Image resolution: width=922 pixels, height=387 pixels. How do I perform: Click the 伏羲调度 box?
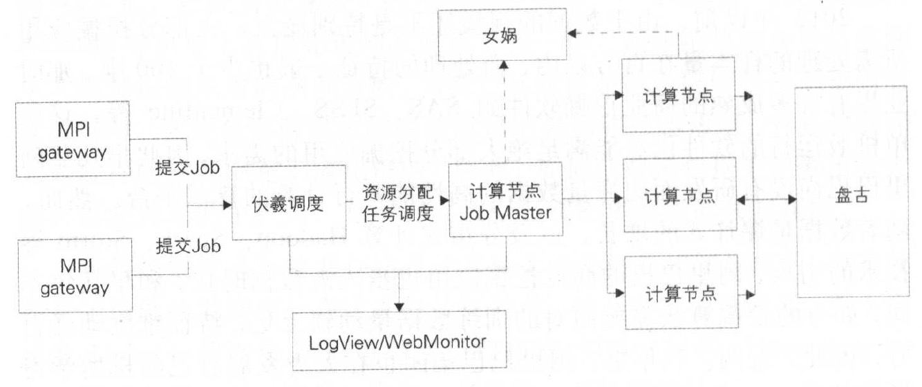[x=288, y=203]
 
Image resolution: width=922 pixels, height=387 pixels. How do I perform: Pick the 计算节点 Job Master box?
[x=505, y=200]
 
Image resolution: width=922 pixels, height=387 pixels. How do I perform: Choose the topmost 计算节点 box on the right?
[x=678, y=96]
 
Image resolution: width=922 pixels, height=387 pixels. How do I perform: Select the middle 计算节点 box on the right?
[x=678, y=196]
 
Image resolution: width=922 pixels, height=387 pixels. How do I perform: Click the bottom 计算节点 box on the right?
[x=678, y=292]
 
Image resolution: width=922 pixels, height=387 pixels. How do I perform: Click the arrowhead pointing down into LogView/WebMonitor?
[x=399, y=306]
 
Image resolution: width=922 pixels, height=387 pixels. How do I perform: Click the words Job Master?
[x=505, y=213]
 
